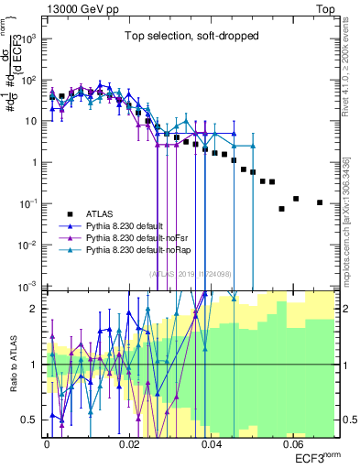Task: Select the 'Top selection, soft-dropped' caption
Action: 192,37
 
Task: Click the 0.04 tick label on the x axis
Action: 212,442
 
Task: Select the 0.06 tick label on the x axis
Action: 294,442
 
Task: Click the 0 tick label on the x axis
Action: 47,442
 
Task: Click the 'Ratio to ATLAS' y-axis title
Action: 12,364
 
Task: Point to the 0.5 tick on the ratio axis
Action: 31,420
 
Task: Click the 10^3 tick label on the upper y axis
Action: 30,38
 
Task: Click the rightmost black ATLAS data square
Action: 319,202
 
